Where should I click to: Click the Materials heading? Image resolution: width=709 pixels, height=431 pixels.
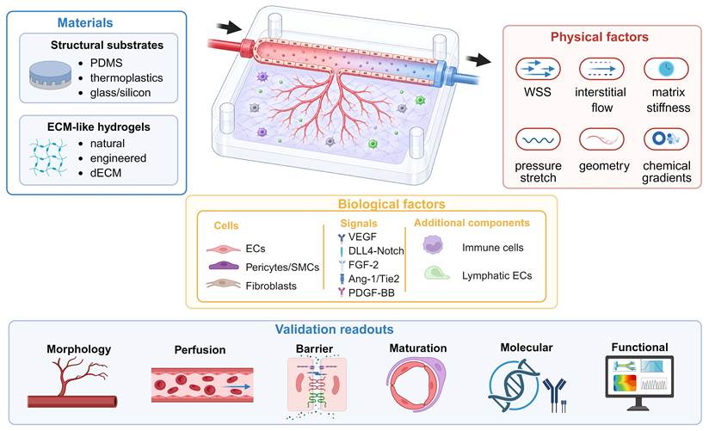85,22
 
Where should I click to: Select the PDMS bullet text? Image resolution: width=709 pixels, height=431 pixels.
106,63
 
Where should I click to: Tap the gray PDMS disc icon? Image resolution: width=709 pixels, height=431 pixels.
50,75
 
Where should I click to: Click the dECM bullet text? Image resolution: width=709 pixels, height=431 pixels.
106,173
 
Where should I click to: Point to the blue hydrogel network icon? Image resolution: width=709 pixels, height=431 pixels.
48,157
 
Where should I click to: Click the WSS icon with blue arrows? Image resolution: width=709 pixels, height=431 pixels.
538,69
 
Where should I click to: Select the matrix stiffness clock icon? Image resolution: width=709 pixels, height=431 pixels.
666,69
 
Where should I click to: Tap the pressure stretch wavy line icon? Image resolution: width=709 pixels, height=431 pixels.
538,139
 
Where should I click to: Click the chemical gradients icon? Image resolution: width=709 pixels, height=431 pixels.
666,139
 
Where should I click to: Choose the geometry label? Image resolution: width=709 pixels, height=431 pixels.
604,166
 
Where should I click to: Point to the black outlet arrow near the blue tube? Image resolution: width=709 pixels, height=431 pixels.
478,59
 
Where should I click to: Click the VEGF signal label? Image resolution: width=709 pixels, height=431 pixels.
362,237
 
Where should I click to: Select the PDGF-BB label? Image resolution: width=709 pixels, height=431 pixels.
371,293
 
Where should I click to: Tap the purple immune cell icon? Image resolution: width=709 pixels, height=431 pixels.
433,244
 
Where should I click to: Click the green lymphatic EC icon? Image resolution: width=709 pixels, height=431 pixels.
436,274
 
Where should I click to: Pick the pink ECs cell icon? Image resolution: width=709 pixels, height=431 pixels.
224,249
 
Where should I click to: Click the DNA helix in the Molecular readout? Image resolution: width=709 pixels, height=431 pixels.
513,385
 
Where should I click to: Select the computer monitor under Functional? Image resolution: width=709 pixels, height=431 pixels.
639,383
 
